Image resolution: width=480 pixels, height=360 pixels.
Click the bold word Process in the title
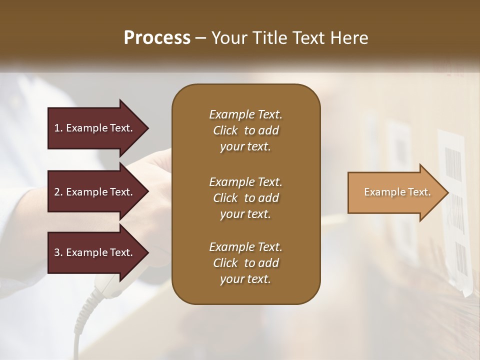pos(157,37)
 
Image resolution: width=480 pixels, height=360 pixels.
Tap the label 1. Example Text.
pos(93,128)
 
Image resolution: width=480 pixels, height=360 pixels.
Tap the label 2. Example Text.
pos(93,192)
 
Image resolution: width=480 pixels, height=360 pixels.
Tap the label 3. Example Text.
pos(93,252)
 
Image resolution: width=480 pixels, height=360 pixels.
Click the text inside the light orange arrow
pos(397,192)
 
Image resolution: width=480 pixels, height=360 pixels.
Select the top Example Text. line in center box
pos(245,114)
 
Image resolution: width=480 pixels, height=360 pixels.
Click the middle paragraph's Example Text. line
pos(245,182)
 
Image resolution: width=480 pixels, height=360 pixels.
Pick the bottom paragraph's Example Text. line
pos(245,247)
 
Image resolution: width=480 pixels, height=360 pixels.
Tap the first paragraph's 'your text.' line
pos(245,147)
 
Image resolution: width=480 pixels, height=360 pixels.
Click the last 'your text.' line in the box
pos(245,279)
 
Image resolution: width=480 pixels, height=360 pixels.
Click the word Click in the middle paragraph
pos(225,198)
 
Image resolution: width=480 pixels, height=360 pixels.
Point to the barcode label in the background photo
pos(453,165)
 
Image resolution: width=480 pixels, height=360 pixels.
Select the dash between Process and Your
pos(200,38)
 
